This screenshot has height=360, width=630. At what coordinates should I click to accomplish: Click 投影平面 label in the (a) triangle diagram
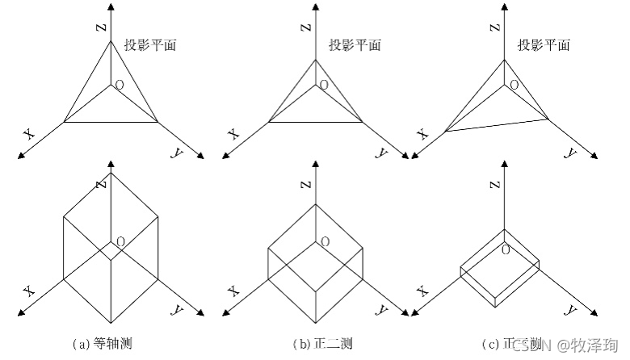[x=150, y=45]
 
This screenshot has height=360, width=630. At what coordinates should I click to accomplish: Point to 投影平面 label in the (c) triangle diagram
[x=544, y=45]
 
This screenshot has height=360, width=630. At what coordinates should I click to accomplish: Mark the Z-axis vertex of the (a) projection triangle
[x=111, y=41]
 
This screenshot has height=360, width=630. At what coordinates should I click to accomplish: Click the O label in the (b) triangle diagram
[x=324, y=84]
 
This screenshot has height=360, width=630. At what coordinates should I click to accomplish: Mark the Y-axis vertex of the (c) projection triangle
[x=550, y=119]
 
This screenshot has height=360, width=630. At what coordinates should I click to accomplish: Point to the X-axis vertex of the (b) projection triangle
[x=268, y=123]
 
